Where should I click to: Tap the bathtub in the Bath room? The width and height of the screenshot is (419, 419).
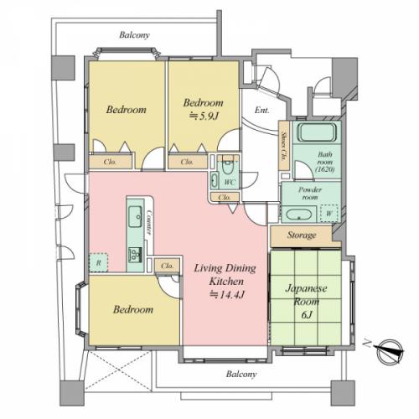[x=317, y=132]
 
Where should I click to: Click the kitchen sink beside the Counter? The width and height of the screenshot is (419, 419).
[x=135, y=216]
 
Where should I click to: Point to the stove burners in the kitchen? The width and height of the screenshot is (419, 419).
[x=135, y=255]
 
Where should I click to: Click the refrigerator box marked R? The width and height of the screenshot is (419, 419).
[x=98, y=262]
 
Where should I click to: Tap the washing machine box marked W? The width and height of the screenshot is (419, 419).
[x=329, y=214]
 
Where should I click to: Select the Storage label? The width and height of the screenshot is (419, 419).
[x=302, y=235]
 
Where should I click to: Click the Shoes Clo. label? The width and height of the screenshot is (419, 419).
[x=284, y=146]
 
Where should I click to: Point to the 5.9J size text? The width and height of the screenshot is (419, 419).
[x=204, y=116]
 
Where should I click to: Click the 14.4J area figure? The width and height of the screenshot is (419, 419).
[x=227, y=295]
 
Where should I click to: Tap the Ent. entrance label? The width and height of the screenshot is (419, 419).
[x=262, y=111]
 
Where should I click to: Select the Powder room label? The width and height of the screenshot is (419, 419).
[x=310, y=194]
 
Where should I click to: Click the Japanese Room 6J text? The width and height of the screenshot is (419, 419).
[x=306, y=302]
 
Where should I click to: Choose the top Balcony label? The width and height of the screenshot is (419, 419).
[x=134, y=35]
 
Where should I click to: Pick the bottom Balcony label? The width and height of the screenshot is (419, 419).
[x=241, y=374]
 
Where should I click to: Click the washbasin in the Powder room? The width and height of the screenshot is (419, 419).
[x=299, y=215]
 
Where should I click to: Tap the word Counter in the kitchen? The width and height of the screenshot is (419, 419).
[x=149, y=222]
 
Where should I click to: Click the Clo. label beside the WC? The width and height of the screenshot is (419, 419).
[x=225, y=198]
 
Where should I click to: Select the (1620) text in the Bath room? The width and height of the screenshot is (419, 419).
[x=325, y=169]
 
